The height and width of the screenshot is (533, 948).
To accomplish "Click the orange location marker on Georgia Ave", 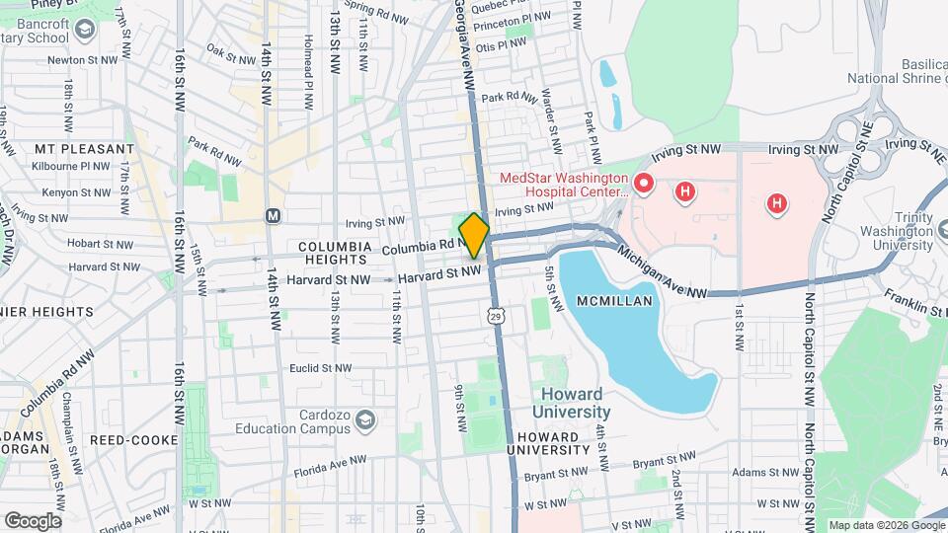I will [474, 235].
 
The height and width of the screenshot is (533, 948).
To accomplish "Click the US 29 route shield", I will [493, 315].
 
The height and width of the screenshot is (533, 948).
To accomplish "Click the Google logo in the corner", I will [33, 520].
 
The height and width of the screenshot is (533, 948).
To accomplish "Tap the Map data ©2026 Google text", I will [886, 525].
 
